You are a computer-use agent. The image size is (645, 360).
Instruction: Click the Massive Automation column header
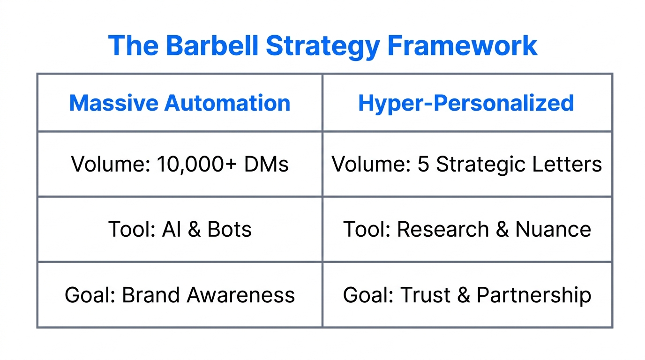click(180, 103)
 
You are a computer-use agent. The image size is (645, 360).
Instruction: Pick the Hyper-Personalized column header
click(466, 103)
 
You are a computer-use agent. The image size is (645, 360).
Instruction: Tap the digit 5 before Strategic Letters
click(423, 165)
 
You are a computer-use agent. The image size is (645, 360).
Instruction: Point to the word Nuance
click(553, 230)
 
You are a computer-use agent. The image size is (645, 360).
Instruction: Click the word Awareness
click(240, 295)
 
